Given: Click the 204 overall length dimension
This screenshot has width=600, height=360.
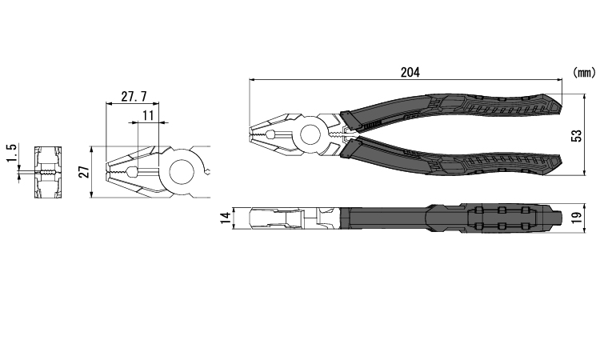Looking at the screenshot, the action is (x=410, y=72).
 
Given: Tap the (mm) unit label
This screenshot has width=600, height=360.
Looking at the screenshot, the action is (x=584, y=72).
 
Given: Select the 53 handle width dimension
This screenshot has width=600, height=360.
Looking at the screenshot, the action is (x=577, y=136).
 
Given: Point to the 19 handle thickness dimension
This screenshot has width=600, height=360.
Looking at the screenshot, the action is (x=578, y=218).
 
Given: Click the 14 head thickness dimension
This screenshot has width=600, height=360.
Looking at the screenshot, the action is (x=226, y=218).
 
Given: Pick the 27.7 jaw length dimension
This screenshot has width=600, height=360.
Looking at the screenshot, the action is (x=134, y=97).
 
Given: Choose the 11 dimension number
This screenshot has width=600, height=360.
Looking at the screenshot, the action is (x=148, y=115).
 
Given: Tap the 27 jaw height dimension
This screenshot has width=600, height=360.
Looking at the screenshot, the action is (x=86, y=172).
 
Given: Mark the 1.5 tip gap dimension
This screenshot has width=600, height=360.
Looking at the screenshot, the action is (x=11, y=153).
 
